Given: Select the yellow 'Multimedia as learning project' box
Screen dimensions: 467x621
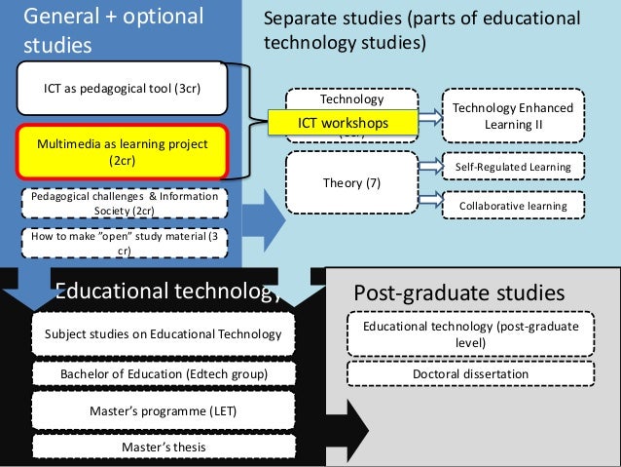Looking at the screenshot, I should pos(122,152).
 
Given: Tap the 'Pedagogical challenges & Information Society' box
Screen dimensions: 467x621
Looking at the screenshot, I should pos(123,204).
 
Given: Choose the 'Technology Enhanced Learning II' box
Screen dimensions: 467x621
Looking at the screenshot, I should pos(513,117).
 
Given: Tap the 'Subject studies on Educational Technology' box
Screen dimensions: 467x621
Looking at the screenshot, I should pos(163,335).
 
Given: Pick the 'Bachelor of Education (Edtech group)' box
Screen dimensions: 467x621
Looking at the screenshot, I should pos(163,374).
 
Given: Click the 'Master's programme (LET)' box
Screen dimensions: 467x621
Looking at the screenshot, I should pos(163,411).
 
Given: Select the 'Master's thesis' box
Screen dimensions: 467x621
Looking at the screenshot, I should pos(163,447).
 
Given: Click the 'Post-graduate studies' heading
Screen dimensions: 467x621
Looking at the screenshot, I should pos(458,292).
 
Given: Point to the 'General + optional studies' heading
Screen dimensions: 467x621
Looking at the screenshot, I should pos(113,30).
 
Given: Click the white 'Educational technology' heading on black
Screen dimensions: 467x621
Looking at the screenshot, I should pos(165,290).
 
